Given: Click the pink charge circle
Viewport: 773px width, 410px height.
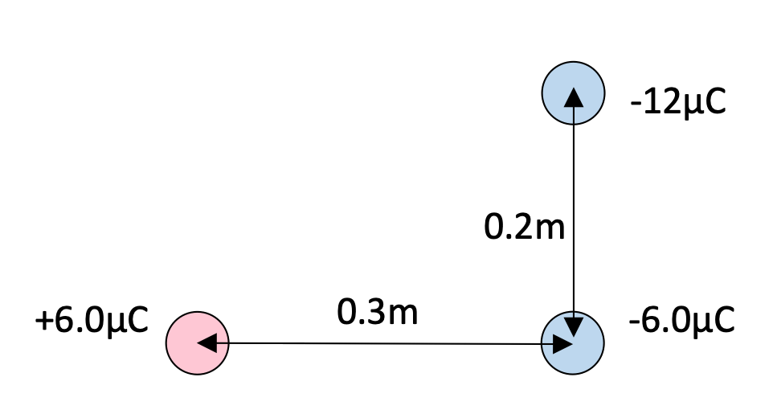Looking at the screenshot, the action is (x=197, y=343).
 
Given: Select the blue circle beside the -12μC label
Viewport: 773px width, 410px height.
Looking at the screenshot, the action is (x=574, y=93).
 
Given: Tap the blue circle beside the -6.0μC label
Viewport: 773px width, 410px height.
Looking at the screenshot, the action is (x=573, y=343).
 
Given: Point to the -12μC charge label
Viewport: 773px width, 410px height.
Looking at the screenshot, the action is (x=678, y=103).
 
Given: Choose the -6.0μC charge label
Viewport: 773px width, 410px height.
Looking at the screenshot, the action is (x=681, y=321).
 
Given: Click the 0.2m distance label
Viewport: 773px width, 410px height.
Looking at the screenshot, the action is (x=524, y=228).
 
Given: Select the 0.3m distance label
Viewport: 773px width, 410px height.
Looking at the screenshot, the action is (x=378, y=312).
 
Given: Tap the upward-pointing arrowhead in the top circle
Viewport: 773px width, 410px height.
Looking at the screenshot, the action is (x=574, y=97).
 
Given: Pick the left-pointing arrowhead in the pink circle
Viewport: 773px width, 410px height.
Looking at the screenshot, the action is (x=207, y=343).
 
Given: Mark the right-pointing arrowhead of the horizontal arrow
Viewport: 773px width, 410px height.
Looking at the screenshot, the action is (x=562, y=344).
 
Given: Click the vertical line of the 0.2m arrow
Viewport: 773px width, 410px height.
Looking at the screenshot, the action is (x=574, y=213).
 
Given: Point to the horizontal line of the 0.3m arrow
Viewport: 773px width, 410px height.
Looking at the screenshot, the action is (x=385, y=343).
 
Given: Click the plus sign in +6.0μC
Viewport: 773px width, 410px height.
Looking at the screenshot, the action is (x=44, y=322).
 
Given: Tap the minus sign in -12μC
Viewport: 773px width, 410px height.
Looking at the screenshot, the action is (x=636, y=105).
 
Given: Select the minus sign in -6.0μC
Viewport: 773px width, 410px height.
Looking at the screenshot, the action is (x=635, y=322).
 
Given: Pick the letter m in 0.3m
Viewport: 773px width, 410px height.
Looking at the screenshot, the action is (x=403, y=315).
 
